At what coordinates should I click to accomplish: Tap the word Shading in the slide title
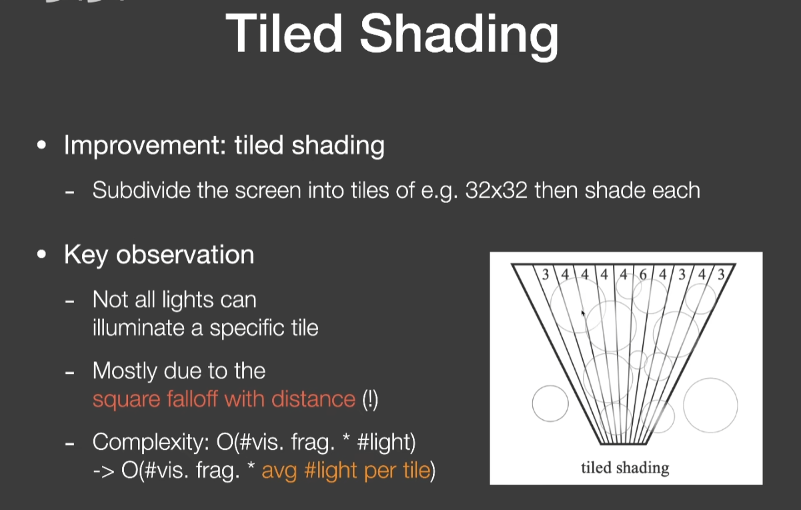(459, 37)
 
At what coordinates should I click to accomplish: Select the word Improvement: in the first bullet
(145, 146)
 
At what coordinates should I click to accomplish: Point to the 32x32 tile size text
(496, 190)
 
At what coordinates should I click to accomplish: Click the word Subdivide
(141, 190)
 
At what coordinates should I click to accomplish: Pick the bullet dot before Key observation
(41, 254)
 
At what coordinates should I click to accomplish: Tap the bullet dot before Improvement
(41, 145)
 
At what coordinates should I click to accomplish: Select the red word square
(126, 400)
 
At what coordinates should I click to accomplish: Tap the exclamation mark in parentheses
(370, 399)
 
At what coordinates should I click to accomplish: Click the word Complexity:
(151, 443)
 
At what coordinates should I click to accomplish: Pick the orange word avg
(279, 472)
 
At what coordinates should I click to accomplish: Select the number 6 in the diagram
(643, 274)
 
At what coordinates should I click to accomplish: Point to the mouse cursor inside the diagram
(583, 314)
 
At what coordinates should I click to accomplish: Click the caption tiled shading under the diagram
(625, 468)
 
